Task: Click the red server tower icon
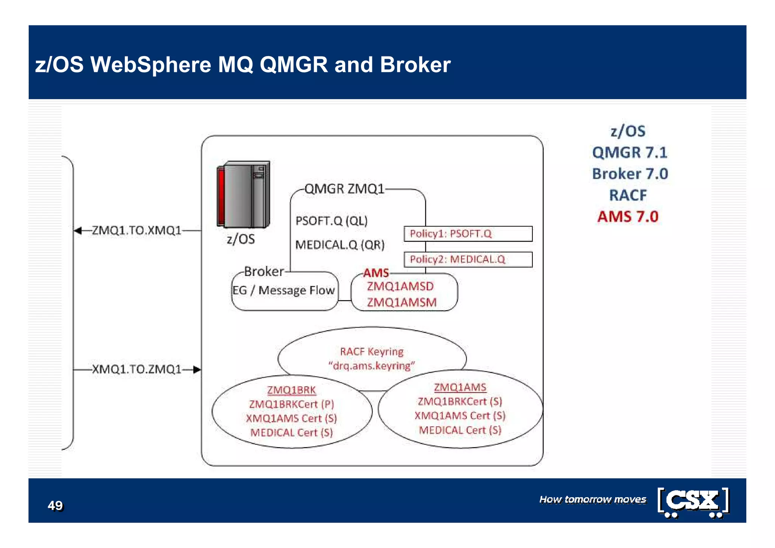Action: [x=243, y=194]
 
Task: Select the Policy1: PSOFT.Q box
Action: [x=468, y=234]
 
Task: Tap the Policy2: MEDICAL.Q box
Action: [x=468, y=259]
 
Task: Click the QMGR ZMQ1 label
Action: [x=344, y=189]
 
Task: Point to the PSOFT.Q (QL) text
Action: [x=331, y=221]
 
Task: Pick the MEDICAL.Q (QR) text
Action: [x=339, y=245]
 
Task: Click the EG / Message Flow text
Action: [x=283, y=290]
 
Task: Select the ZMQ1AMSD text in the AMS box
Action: [x=400, y=286]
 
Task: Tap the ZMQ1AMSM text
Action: [x=402, y=303]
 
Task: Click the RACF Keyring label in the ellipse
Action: [x=372, y=352]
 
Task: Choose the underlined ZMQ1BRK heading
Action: [x=291, y=390]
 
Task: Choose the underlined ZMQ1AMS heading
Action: [x=460, y=387]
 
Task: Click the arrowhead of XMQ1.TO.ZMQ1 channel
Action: [x=197, y=370]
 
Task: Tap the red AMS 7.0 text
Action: [x=628, y=217]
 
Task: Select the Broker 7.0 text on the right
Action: [x=630, y=174]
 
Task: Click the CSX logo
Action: [x=693, y=501]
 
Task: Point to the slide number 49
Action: [x=55, y=506]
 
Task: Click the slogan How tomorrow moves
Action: [x=593, y=500]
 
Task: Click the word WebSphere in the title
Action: [x=150, y=65]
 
